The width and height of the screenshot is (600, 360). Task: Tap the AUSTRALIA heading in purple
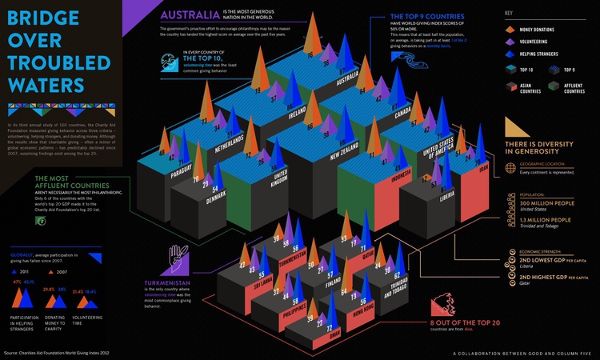click(x=190, y=15)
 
